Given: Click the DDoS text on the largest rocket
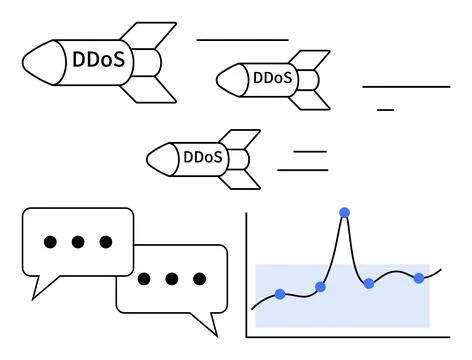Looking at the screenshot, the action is [99, 60].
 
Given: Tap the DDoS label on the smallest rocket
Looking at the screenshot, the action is [203, 157].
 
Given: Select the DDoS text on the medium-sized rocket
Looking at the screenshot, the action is [273, 77].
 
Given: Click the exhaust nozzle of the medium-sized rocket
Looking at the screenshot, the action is [317, 77].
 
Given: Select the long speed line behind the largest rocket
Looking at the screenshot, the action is [242, 40].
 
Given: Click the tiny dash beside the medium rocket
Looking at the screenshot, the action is [385, 108].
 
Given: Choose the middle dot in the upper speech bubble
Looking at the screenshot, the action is [77, 242].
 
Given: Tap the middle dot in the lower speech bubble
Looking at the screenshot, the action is [172, 278].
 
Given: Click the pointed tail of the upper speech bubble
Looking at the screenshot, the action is [42, 286].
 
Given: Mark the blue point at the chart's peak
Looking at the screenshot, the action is [345, 212].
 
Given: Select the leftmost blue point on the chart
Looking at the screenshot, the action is [280, 294].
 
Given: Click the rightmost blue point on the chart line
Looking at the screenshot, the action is [419, 277].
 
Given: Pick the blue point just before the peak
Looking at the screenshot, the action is [320, 287].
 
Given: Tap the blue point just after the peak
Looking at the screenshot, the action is [369, 284].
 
